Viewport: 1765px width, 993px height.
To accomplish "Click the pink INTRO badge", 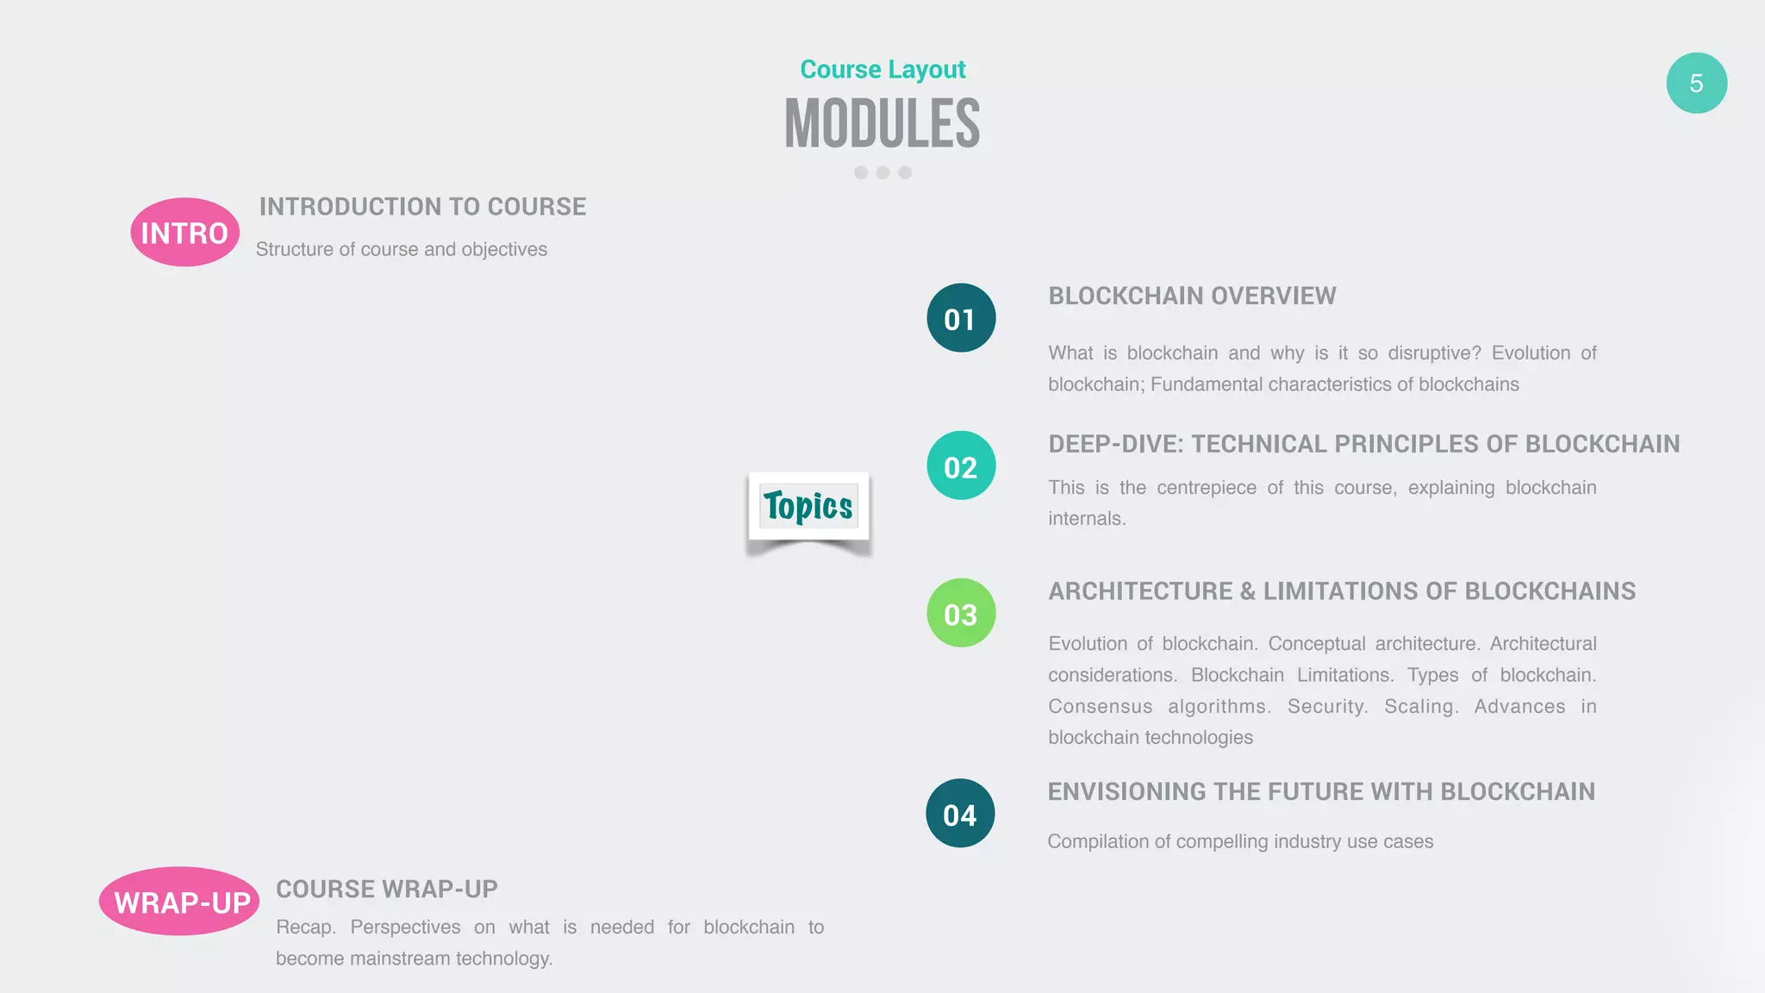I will pos(184,232).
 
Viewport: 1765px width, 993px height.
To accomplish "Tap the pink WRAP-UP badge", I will pos(179,901).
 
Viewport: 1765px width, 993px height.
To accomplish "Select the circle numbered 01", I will pos(961,318).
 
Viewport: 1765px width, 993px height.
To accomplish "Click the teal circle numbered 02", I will pos(961,465).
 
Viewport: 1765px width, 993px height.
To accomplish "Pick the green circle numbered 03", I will pos(961,613).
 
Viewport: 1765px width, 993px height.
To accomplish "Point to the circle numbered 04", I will pos(960,813).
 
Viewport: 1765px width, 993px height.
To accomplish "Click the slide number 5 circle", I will pos(1696,83).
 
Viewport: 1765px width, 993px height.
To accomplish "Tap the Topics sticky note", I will pos(808,507).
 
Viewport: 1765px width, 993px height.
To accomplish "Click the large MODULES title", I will pos(882,124).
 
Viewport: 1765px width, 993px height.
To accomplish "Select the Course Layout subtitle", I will pos(882,69).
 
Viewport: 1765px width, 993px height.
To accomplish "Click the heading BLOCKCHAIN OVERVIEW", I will pos(1192,296).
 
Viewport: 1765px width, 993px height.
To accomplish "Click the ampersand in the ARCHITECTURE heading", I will pos(1247,591).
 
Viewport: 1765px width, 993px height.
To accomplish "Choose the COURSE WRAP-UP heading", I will pos(386,889).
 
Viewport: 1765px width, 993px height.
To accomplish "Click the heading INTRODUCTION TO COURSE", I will pos(422,207).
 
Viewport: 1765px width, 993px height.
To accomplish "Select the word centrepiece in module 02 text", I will pos(1206,488).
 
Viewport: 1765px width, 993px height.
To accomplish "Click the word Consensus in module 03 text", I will pos(1100,707).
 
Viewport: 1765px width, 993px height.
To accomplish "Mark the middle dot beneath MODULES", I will pos(882,172).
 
